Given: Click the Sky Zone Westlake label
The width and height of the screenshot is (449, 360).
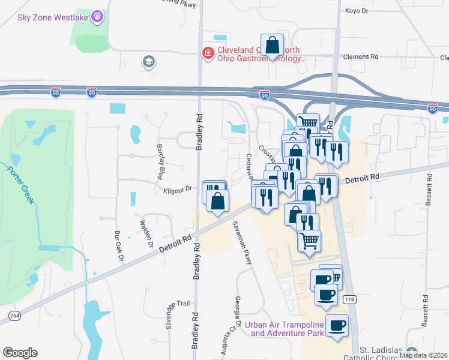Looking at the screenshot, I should click(53, 17).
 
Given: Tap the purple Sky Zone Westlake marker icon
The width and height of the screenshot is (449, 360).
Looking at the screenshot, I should click(98, 16).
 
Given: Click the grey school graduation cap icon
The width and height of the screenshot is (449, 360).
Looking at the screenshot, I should click(148, 61).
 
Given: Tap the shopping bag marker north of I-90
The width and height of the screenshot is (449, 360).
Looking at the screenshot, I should click(273, 44).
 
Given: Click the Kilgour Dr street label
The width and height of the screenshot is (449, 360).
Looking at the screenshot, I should click(177, 189).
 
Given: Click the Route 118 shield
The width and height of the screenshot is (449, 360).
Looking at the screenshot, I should click(349, 299).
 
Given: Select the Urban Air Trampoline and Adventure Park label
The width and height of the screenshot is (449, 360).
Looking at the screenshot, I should click(287, 329).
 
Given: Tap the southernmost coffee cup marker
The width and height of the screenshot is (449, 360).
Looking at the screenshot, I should click(337, 325).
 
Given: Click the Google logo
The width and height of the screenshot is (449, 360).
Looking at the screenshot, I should click(20, 353).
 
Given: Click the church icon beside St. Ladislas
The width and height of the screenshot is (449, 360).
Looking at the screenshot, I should click(412, 351).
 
